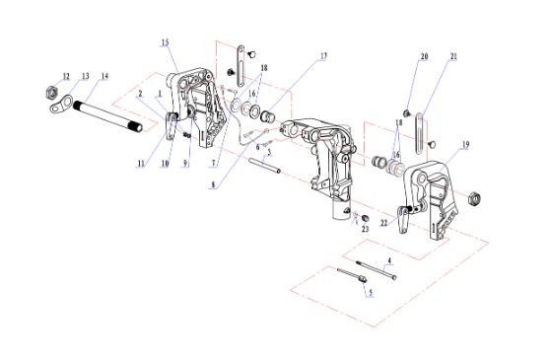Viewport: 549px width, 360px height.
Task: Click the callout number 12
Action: [x=66, y=76]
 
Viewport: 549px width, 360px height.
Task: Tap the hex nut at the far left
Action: [x=51, y=92]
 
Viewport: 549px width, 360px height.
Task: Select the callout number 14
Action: [x=104, y=76]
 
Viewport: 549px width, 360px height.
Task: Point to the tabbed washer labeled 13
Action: [x=61, y=105]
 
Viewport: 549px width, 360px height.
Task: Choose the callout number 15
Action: [x=165, y=42]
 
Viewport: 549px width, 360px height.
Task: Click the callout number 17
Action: [x=323, y=55]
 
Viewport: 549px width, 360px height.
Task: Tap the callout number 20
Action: [x=424, y=56]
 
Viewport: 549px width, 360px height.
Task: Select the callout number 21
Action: [x=453, y=56]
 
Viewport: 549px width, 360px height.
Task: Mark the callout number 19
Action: [x=465, y=144]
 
